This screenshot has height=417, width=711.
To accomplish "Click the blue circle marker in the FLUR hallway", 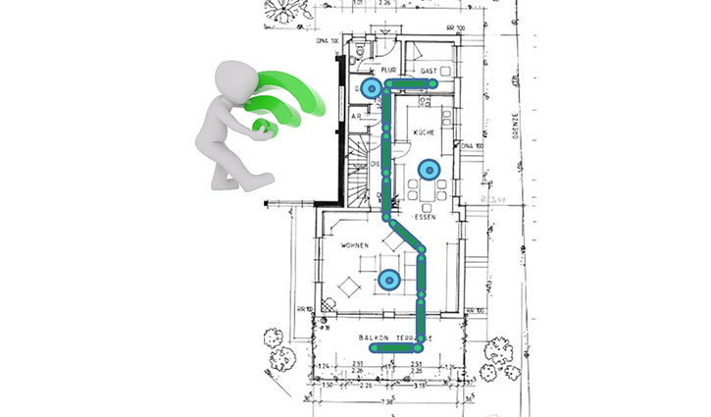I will coord(370,88).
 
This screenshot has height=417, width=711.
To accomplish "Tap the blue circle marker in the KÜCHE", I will coord(429,171).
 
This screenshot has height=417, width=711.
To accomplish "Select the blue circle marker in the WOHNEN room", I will coord(389,281).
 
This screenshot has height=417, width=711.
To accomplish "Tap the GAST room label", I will coord(428,72).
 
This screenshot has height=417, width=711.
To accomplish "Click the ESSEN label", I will coord(424,218).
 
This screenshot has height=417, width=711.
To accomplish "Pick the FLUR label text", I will coord(387,71).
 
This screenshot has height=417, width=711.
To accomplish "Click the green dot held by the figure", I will coord(262,126).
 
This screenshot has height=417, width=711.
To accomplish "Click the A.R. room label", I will coord(358,116).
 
